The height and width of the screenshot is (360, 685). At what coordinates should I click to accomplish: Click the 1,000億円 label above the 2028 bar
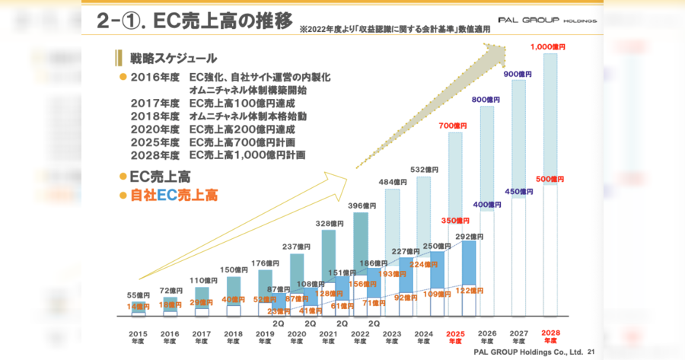[548, 46]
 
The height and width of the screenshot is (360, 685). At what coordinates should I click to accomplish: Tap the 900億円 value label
[518, 74]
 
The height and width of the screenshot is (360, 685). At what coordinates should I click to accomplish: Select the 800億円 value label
[486, 100]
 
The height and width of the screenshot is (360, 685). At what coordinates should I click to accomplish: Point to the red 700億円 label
[454, 126]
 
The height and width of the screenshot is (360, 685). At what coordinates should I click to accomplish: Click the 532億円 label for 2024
[423, 169]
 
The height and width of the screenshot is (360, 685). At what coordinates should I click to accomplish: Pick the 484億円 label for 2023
[393, 182]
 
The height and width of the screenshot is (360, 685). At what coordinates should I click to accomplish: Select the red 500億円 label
[548, 179]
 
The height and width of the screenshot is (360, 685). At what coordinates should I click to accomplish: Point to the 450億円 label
[518, 191]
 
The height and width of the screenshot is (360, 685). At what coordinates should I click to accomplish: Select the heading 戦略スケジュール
[173, 58]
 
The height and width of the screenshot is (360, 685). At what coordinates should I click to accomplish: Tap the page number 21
[591, 352]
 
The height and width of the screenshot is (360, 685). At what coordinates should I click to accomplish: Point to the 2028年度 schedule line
[217, 155]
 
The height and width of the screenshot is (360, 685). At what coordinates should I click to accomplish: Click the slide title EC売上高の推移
[193, 22]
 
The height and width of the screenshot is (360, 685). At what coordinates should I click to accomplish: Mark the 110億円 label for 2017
[203, 280]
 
